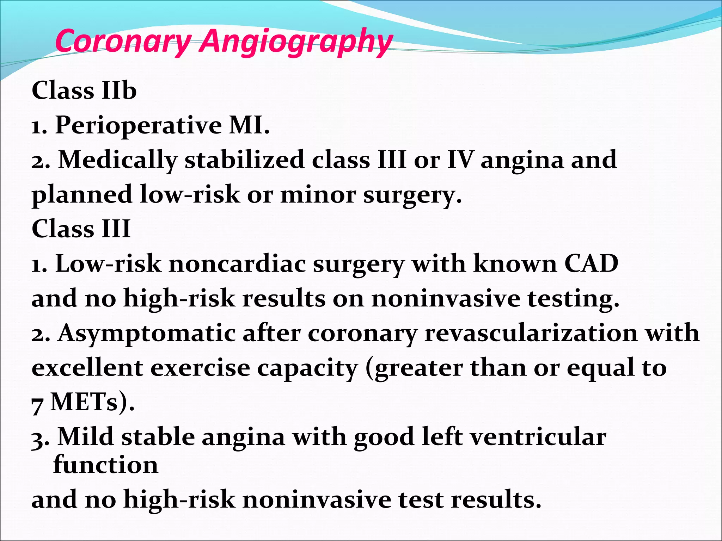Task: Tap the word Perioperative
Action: point(138,125)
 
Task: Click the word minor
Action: point(318,195)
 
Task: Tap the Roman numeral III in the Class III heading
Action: point(116,229)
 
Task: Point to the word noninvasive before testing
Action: point(446,298)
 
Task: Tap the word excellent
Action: point(87,368)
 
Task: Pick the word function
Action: point(106,464)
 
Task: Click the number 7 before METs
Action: point(37,404)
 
